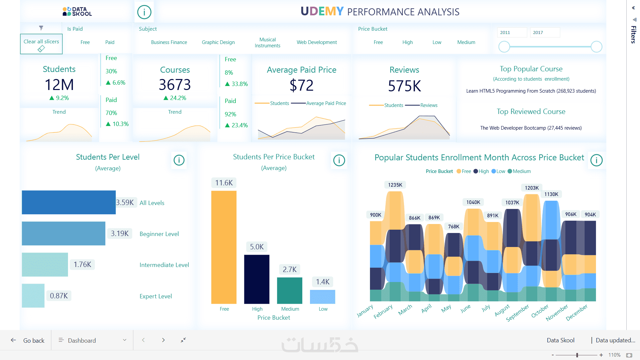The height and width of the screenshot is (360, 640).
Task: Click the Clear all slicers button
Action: pos(41,44)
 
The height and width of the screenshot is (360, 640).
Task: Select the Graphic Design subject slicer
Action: pos(218,42)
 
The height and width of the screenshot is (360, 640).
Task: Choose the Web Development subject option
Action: pos(317,42)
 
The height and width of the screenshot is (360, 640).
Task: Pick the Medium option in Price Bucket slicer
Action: pos(466,42)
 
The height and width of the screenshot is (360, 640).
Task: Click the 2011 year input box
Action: pos(512,32)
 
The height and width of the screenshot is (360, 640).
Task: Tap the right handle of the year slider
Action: pos(596,47)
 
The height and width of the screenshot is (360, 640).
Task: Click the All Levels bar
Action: pos(69,202)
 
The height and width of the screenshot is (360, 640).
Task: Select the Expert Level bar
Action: pos(33,296)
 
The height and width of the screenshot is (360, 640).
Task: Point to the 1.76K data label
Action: pos(82,265)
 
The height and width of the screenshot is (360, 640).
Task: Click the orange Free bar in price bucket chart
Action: pos(224,247)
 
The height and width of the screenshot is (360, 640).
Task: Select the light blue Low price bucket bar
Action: pos(322,297)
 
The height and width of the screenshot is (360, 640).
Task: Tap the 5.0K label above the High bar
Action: pos(257,247)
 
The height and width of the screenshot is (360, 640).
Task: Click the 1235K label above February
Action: pos(395,185)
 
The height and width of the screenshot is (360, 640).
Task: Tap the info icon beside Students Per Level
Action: pos(179,160)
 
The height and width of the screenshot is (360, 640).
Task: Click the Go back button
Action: pos(28,340)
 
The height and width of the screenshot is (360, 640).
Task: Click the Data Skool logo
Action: pos(77,12)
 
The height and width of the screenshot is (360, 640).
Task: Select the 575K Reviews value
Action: pos(404,86)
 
